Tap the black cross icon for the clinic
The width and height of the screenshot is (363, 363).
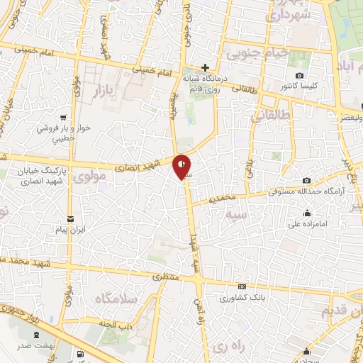[x=205, y=67]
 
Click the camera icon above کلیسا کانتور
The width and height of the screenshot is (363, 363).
[x=300, y=76]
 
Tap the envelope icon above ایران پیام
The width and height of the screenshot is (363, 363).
[x=69, y=218]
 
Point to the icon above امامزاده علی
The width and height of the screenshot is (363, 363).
[x=307, y=213]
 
